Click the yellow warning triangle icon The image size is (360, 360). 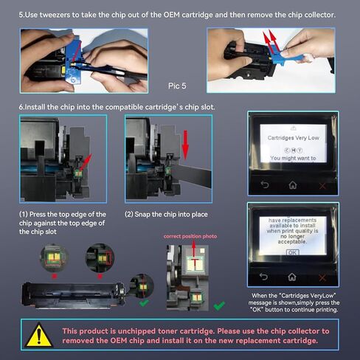click(x=38, y=335)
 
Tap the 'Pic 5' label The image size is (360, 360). click(x=177, y=86)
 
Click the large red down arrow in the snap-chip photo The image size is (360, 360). click(x=185, y=145)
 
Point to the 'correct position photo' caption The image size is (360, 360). click(x=190, y=236)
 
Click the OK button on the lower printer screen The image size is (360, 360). click(x=292, y=252)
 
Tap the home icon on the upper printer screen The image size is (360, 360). click(x=293, y=184)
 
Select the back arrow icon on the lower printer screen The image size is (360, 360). click(x=263, y=277)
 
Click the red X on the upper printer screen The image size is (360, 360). click(x=322, y=186)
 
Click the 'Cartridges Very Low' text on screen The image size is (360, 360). click(x=294, y=138)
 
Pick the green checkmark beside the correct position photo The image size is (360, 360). click(x=219, y=305)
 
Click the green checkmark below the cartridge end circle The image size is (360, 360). click(x=144, y=302)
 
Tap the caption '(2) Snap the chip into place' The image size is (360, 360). click(x=166, y=215)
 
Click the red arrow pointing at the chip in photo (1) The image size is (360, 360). click(x=85, y=162)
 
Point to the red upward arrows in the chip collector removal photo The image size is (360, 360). click(x=271, y=41)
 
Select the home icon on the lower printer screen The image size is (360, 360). click(x=292, y=277)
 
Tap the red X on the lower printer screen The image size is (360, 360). click(x=322, y=278)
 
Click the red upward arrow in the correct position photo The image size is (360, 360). click(x=194, y=253)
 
